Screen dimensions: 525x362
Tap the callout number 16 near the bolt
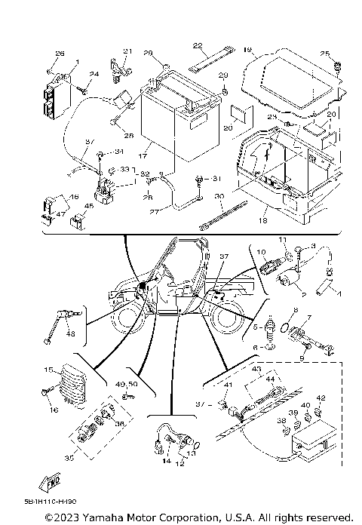tap(54, 410)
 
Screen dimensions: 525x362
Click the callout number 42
tap(320, 398)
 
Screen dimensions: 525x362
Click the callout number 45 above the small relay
tap(89, 206)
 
